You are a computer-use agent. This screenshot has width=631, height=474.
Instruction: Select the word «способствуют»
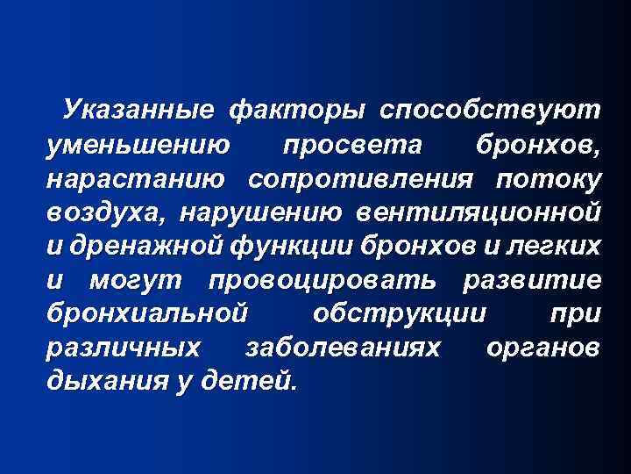click(x=491, y=111)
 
